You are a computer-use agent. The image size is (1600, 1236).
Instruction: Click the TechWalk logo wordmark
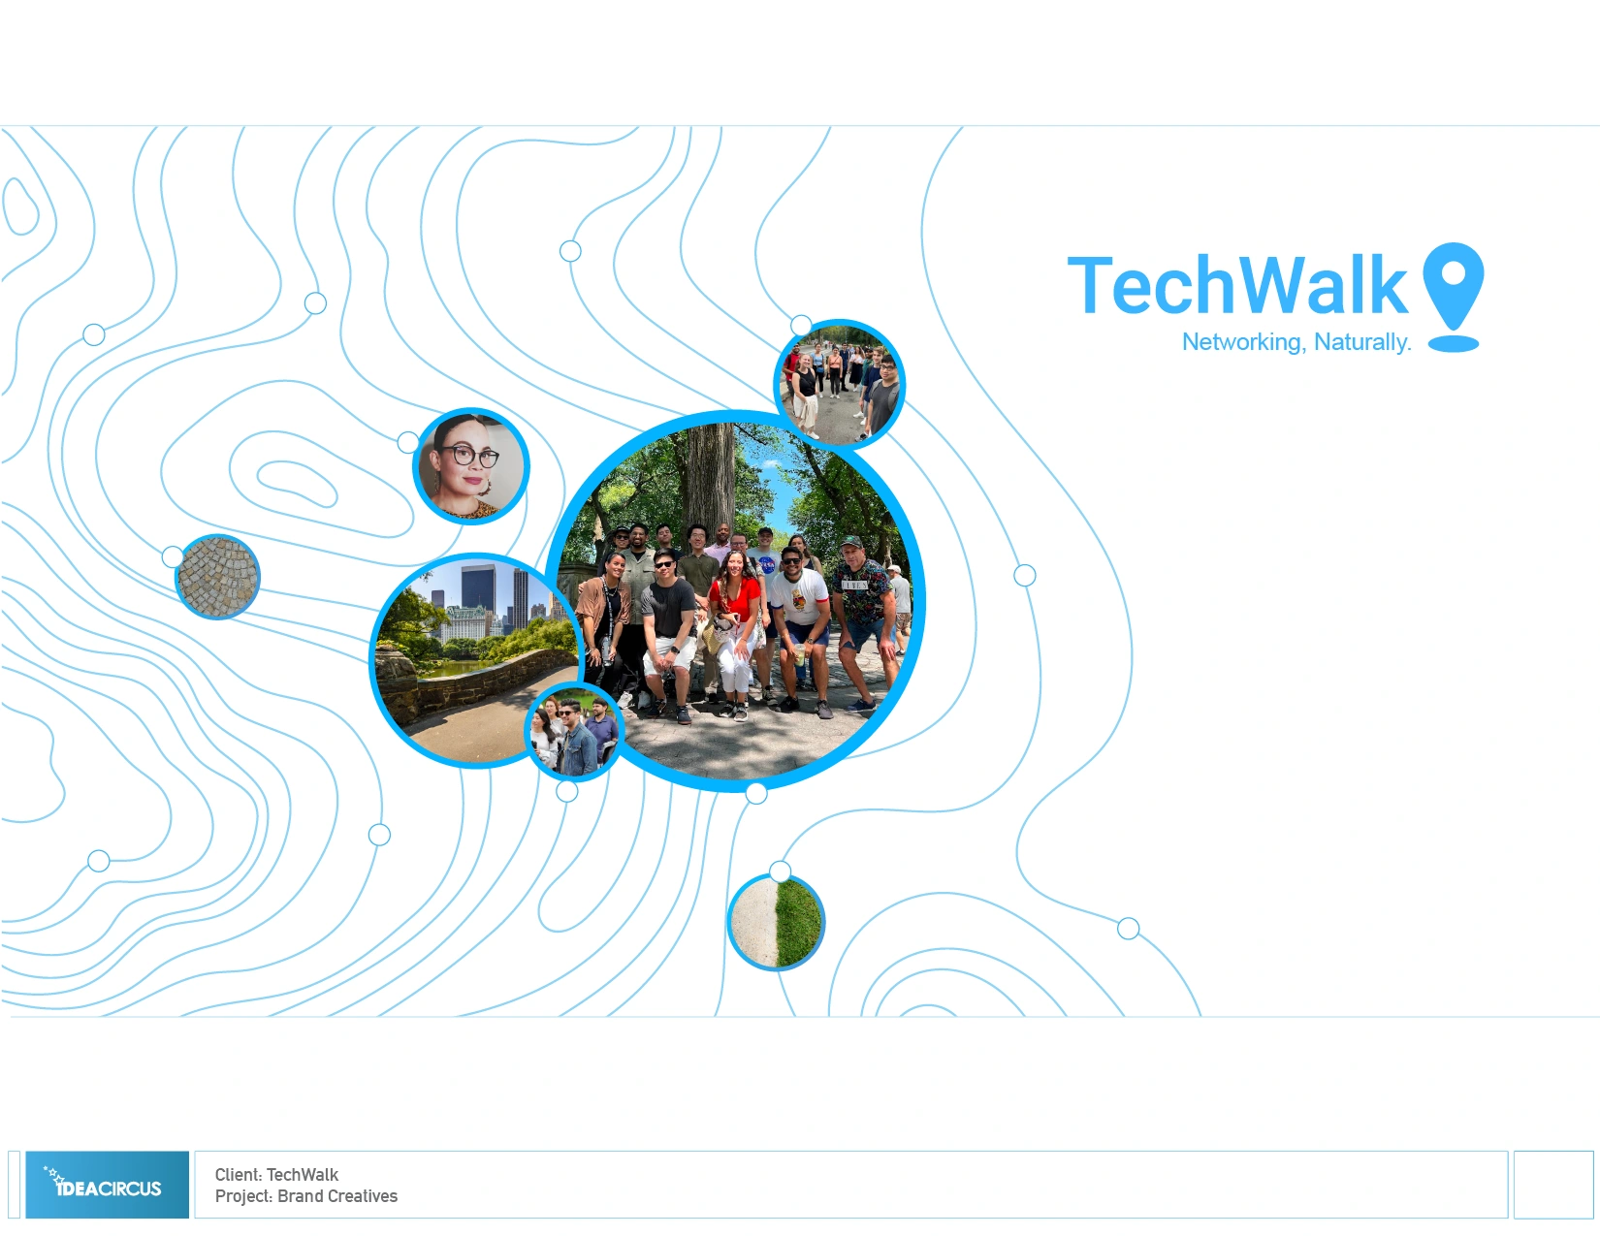(x=1237, y=285)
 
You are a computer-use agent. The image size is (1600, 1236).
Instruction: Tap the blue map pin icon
(x=1453, y=296)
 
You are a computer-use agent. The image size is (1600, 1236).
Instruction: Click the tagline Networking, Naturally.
(x=1296, y=342)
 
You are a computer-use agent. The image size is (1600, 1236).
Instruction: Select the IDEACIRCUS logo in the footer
(x=108, y=1185)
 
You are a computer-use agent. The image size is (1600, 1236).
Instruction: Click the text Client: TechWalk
(x=276, y=1175)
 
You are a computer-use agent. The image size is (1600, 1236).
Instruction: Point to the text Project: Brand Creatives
(x=306, y=1196)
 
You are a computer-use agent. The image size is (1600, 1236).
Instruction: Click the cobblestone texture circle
(x=217, y=577)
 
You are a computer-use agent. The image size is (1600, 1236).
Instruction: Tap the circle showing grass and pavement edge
(x=776, y=923)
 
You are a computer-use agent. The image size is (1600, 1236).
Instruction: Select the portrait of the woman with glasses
(x=471, y=466)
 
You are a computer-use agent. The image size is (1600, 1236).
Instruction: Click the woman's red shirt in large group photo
(x=733, y=597)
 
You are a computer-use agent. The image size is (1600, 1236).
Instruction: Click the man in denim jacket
(x=574, y=740)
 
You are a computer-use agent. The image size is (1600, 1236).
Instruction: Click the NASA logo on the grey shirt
(x=767, y=565)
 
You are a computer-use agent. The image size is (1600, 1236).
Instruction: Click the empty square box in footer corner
(x=1553, y=1185)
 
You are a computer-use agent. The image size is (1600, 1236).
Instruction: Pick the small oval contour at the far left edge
(x=20, y=206)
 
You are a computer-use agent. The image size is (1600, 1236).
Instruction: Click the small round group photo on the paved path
(x=840, y=384)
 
